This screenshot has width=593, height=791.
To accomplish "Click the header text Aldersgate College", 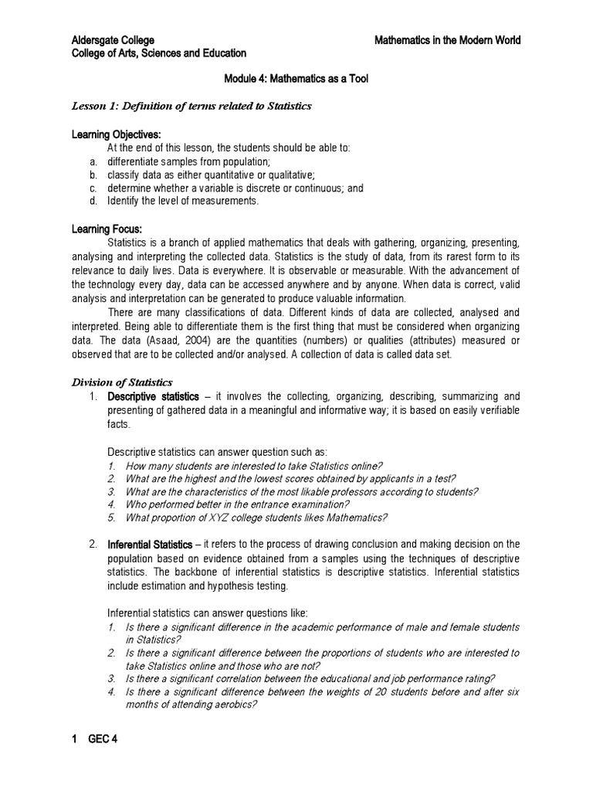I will (x=113, y=40).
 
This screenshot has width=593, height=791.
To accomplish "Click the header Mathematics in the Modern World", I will (x=447, y=40).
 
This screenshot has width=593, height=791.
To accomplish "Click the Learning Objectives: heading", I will (x=116, y=134).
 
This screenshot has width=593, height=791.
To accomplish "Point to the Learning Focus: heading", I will (x=107, y=229).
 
